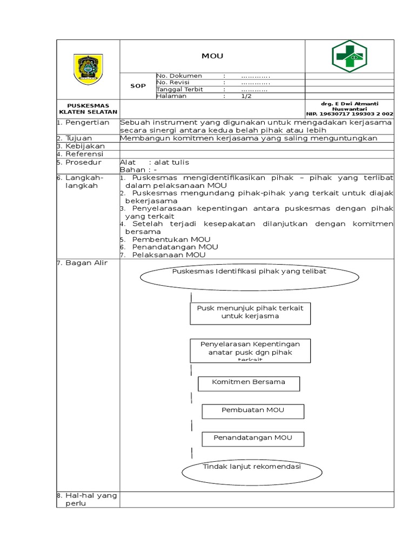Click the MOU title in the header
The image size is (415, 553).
click(212, 56)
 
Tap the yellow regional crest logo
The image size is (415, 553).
click(88, 69)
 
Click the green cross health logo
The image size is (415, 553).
click(349, 56)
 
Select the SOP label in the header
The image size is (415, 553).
click(138, 86)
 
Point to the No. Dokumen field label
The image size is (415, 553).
click(179, 76)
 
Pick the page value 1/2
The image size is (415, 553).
click(246, 96)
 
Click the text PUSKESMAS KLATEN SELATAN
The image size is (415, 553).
click(88, 108)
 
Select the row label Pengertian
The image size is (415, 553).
click(87, 123)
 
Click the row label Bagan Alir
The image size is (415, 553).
click(86, 262)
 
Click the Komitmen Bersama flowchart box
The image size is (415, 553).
click(249, 383)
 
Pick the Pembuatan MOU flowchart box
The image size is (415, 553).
click(253, 411)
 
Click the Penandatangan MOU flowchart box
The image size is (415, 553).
click(253, 439)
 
